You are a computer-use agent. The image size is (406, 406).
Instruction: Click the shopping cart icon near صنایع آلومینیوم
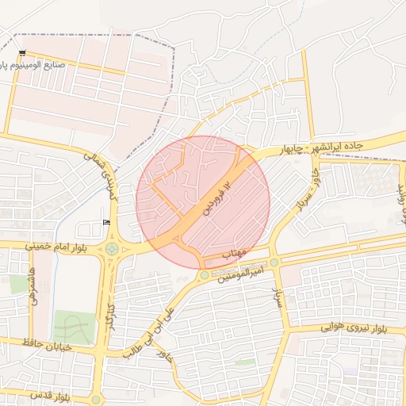coord(21,54)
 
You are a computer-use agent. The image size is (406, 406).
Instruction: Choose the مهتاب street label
coord(236,252)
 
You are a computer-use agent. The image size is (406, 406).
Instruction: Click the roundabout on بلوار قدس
coord(96,399)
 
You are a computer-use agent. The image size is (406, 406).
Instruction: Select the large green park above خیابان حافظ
coord(73,327)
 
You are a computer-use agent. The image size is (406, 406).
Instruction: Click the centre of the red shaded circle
coord(203,203)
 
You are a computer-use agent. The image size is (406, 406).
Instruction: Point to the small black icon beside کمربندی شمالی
coord(106,222)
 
